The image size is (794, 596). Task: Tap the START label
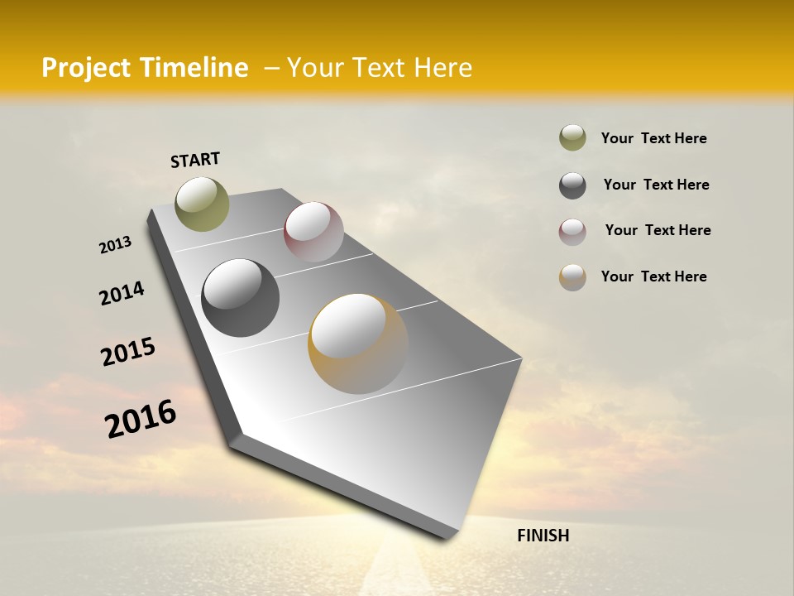coord(195,160)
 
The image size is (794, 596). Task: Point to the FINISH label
coord(543,536)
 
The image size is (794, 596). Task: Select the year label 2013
coord(116,245)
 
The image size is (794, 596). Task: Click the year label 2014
coord(122,293)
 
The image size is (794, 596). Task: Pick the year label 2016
coord(141,419)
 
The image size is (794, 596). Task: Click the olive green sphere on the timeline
coord(202,204)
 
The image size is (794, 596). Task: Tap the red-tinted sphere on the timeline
coord(313,231)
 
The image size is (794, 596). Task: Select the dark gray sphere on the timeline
coord(240,298)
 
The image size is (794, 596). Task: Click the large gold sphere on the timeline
coord(358,344)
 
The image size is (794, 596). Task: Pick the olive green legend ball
coord(572,138)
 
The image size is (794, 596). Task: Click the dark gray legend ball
coord(572,185)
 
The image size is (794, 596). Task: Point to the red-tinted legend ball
coord(572,232)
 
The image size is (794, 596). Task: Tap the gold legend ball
coord(572,277)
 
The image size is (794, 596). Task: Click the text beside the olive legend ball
coord(653,139)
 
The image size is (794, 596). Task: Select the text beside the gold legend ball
coord(653,276)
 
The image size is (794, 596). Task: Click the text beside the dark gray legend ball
coord(656,185)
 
